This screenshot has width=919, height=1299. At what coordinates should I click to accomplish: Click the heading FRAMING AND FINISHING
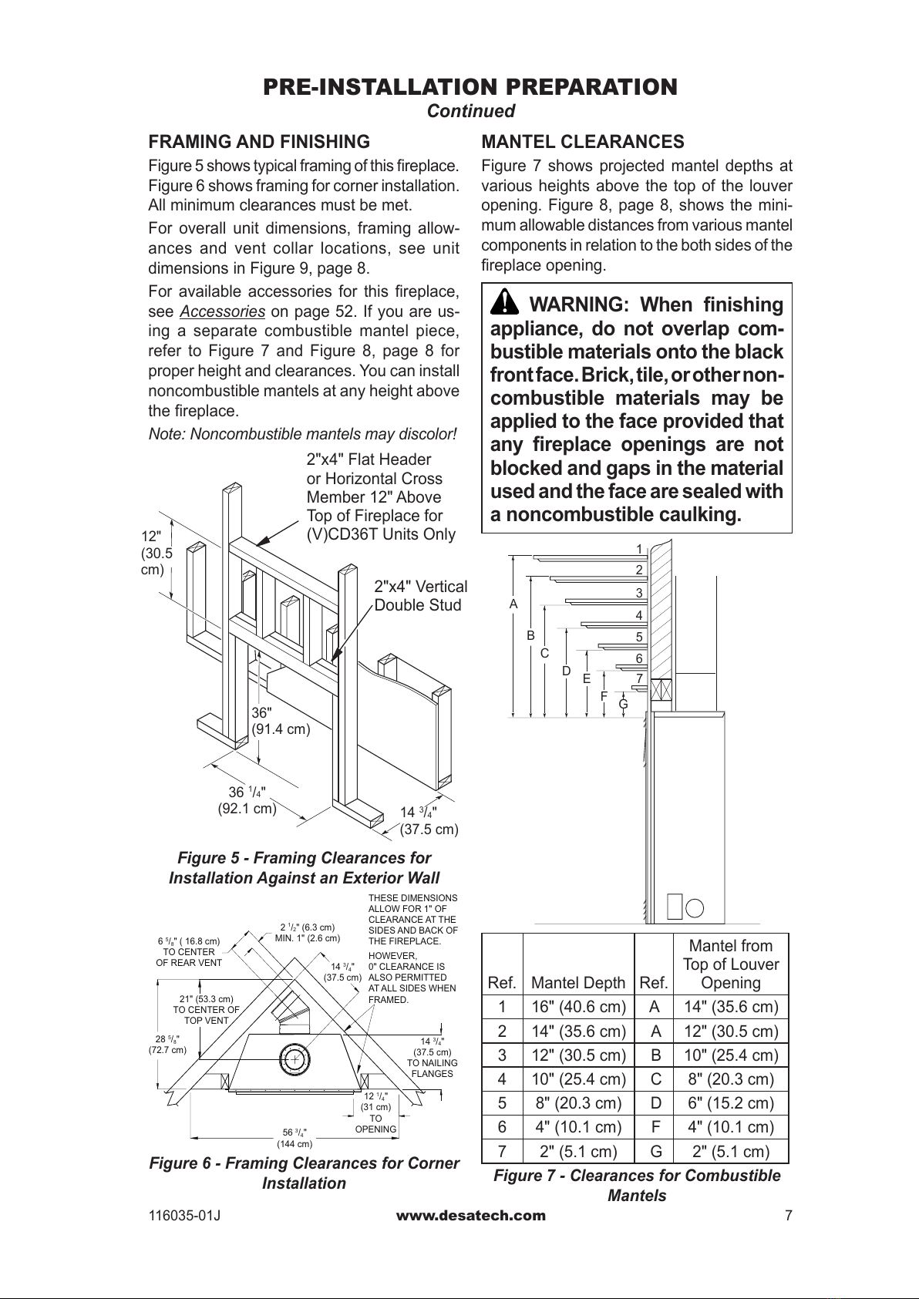click(x=259, y=142)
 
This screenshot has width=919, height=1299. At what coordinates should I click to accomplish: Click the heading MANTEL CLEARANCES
click(x=582, y=142)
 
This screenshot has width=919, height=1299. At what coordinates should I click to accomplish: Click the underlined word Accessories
click(x=223, y=311)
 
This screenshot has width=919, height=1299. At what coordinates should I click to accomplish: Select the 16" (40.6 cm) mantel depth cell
click(x=578, y=1007)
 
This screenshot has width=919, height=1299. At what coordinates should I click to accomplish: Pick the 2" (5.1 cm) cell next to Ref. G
click(x=730, y=1152)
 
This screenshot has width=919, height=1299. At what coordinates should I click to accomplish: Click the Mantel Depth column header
click(x=578, y=982)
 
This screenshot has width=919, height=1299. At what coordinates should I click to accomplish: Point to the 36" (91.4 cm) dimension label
click(x=281, y=720)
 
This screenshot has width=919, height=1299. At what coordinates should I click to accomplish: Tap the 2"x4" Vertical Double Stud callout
click(x=420, y=595)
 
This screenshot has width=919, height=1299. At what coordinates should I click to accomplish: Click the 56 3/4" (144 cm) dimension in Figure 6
click(x=295, y=1138)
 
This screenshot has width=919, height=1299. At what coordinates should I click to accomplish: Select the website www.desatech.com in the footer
click(x=470, y=1216)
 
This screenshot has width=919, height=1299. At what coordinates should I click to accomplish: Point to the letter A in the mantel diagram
click(x=513, y=604)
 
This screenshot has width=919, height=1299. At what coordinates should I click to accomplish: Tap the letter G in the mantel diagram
click(x=623, y=703)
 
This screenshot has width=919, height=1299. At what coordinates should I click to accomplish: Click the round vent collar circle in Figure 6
click(x=294, y=1059)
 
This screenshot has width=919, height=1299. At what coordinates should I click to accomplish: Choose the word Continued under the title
click(x=471, y=111)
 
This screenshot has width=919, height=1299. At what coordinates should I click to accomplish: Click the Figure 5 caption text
click(x=304, y=868)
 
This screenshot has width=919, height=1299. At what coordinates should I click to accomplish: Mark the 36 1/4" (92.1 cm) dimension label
click(x=247, y=800)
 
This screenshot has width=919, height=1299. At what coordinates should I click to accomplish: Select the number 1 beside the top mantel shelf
click(x=639, y=549)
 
